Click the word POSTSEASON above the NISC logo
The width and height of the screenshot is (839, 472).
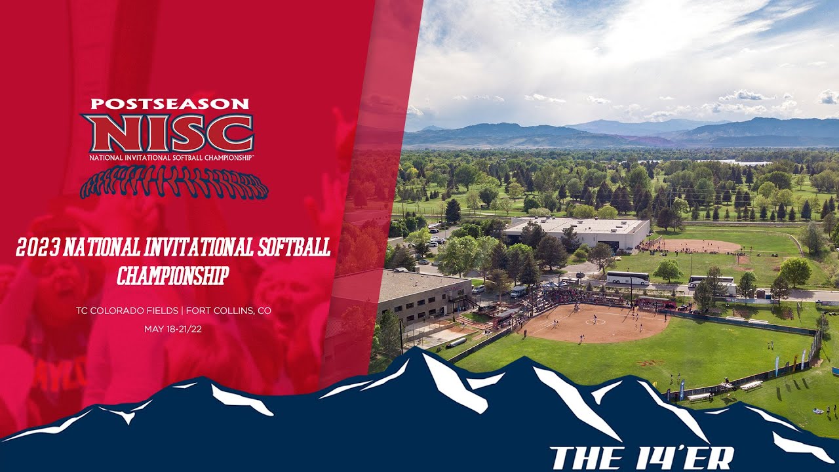170,104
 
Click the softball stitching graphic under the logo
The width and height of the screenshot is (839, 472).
174,182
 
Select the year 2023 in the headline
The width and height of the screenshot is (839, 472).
38,247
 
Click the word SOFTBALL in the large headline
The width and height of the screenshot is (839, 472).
294,247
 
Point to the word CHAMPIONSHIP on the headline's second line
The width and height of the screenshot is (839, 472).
172,275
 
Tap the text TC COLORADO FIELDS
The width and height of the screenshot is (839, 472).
127,311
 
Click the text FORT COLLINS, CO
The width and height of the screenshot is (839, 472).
229,311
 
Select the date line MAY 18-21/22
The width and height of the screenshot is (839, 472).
173,329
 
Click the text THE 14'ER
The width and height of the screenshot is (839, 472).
641,458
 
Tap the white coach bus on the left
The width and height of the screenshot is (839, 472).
628,278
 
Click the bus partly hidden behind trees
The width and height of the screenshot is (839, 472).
712,283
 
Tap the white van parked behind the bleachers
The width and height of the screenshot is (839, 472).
518,291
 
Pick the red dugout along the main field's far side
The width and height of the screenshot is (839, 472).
656,302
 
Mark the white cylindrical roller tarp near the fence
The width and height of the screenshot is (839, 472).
458,342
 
